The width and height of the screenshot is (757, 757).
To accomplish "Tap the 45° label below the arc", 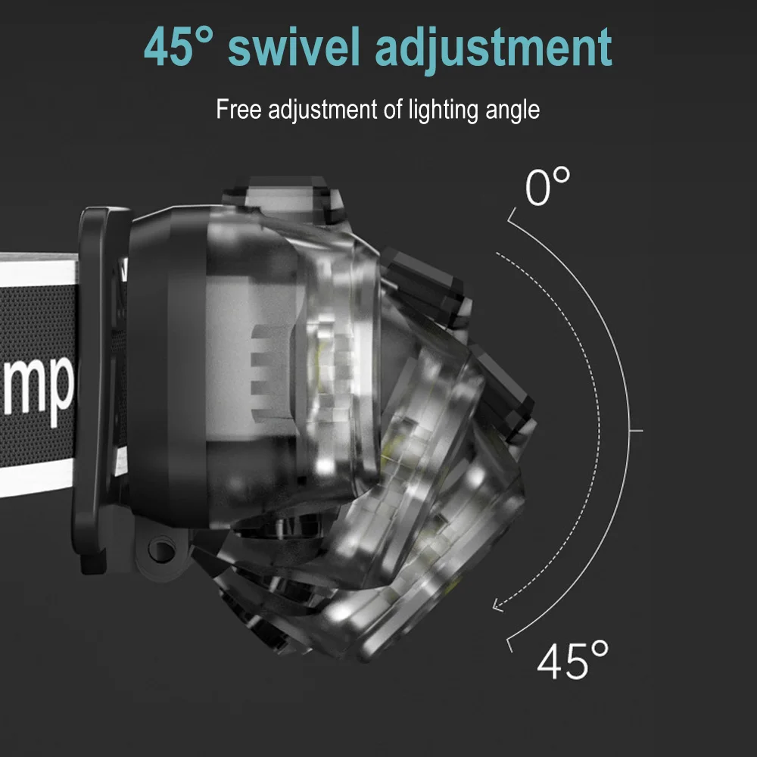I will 572,660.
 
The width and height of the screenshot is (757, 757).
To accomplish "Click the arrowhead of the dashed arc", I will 497,604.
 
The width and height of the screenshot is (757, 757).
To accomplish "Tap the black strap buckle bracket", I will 98,378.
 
